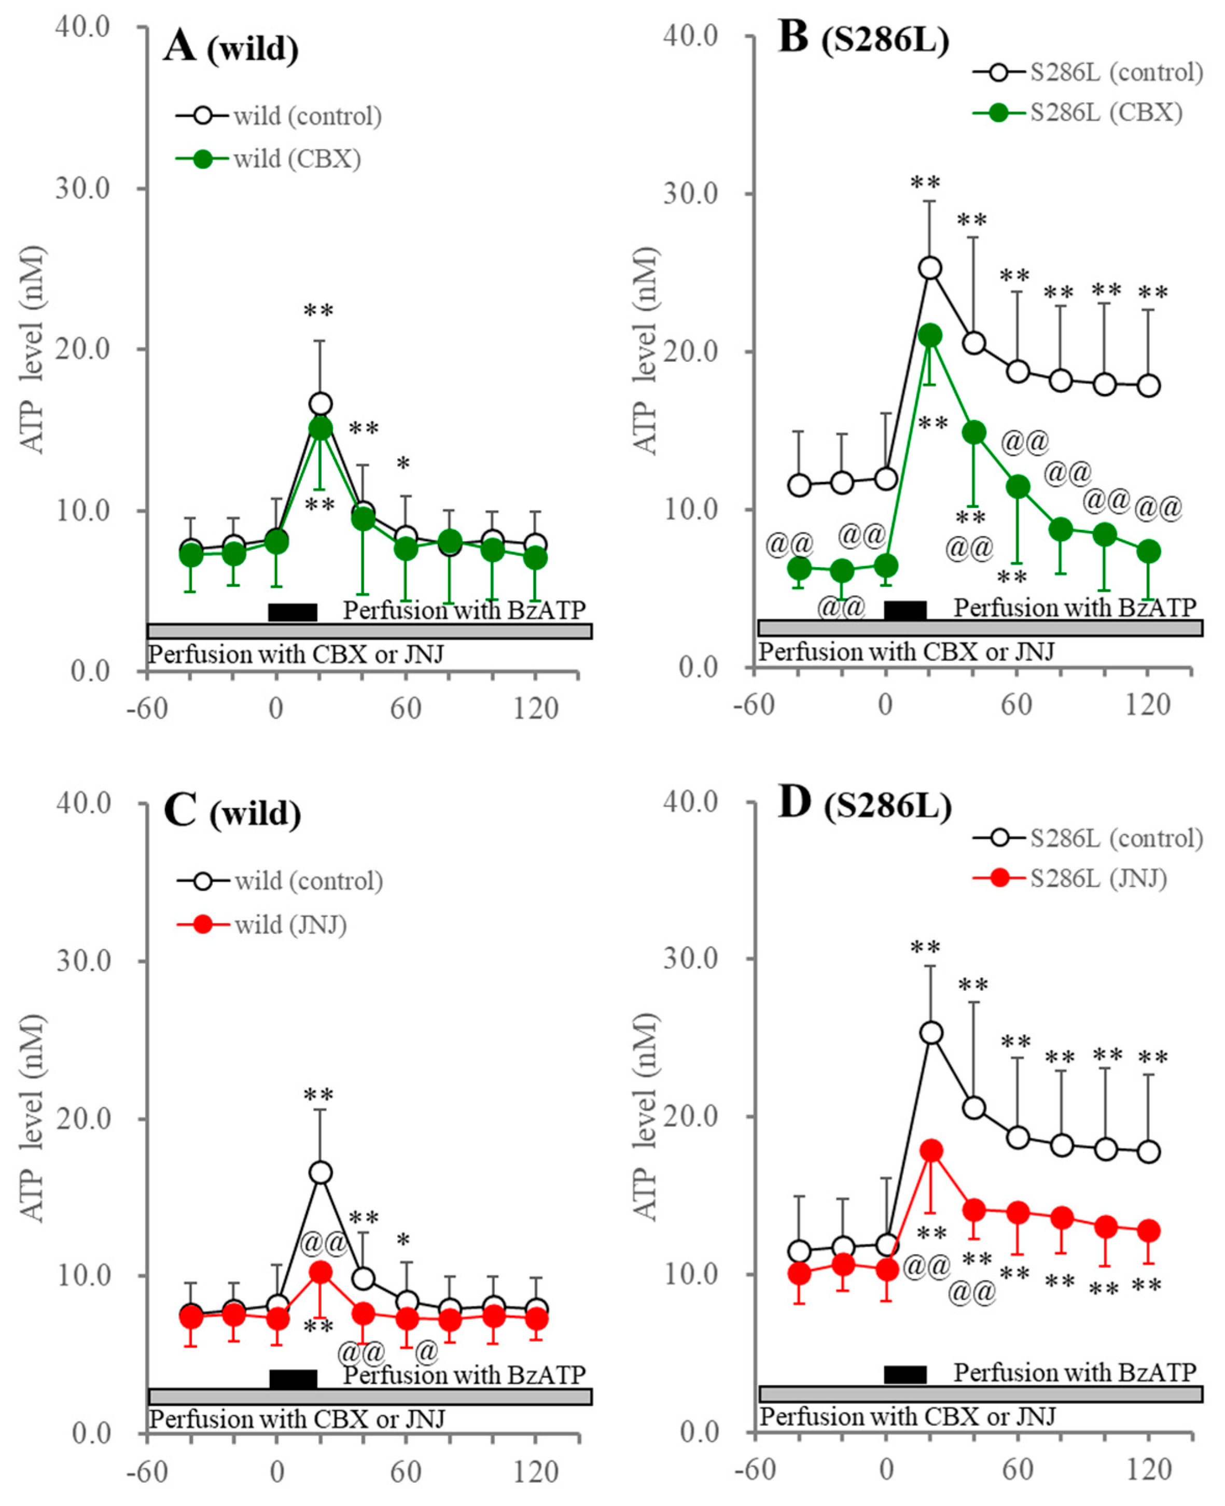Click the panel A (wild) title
tap(231, 48)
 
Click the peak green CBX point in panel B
tap(930, 336)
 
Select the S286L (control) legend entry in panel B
tap(1116, 72)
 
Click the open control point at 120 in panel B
tap(1149, 386)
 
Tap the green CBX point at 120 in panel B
tap(1149, 551)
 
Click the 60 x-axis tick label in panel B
tap(1016, 705)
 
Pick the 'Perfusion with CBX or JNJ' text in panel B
tap(906, 652)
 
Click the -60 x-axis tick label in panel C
tap(147, 1472)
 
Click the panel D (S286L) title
tap(865, 805)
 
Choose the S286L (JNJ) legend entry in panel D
tap(1098, 878)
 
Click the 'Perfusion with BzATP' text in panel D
tap(1075, 1373)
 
